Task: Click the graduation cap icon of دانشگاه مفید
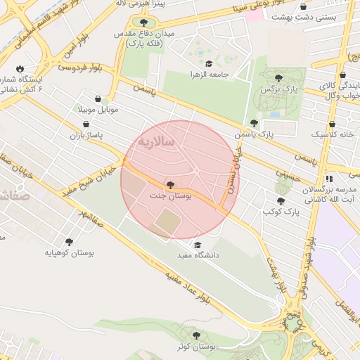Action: (198, 245)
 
